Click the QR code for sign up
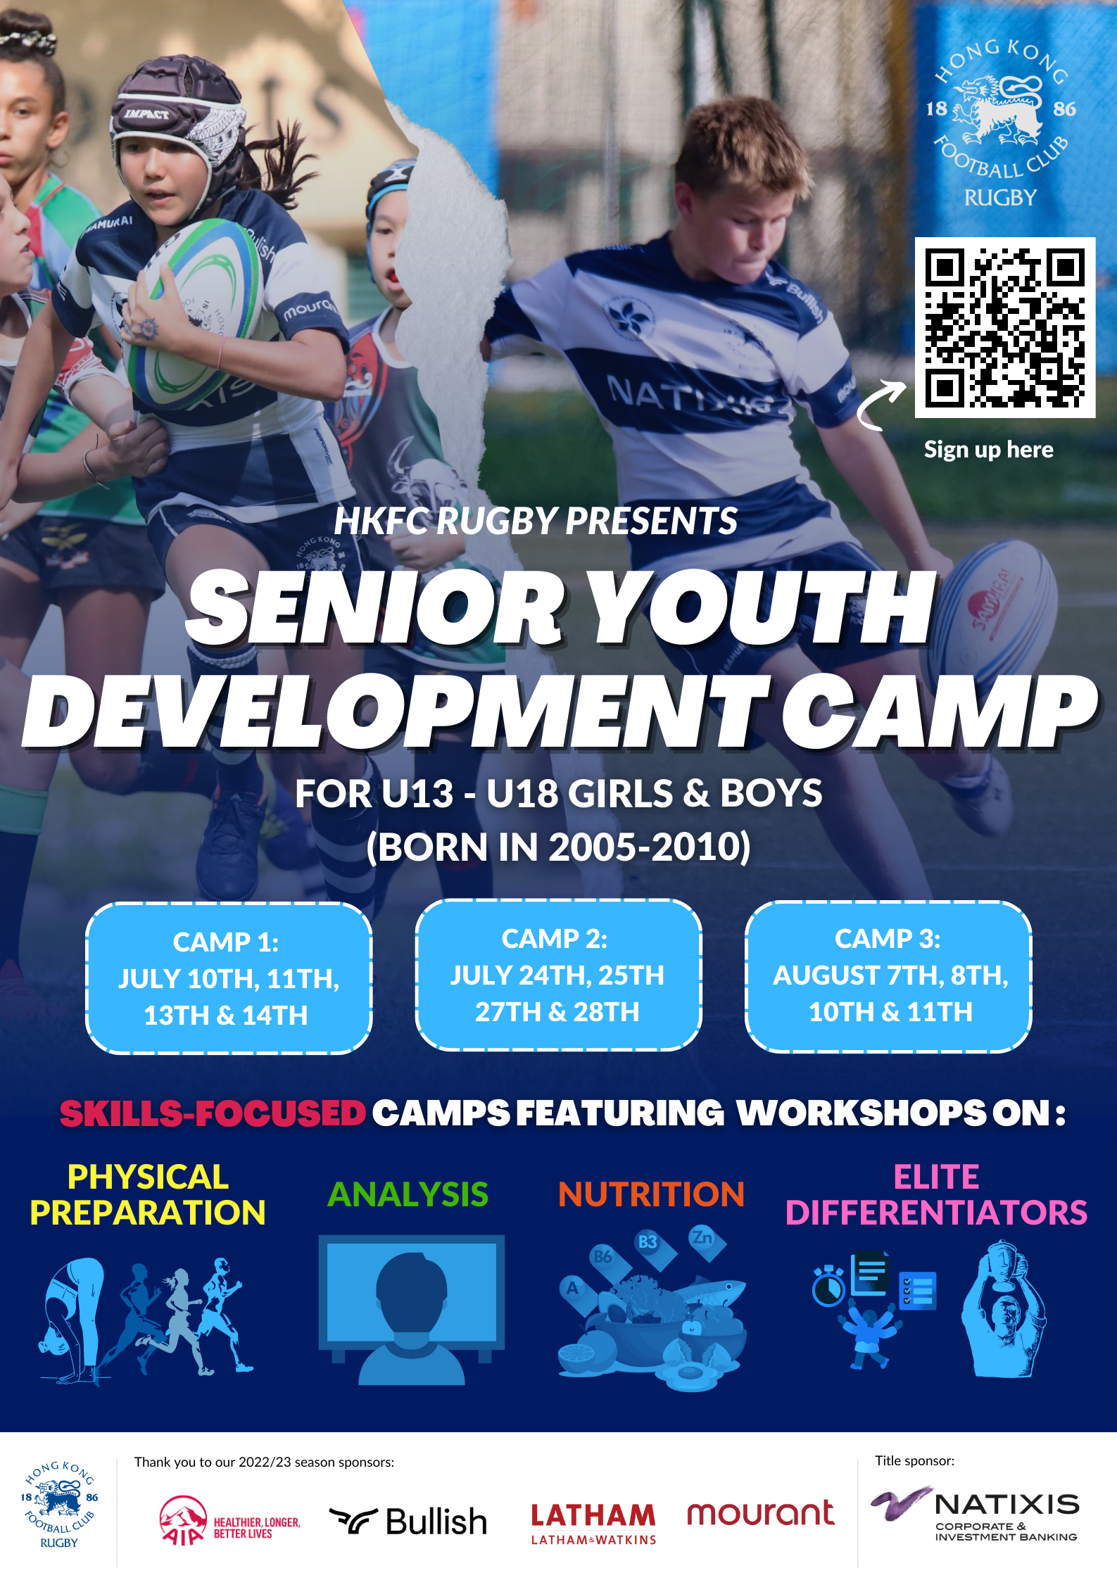click(1004, 328)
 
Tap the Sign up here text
click(988, 450)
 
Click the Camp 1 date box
click(229, 978)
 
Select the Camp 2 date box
click(558, 975)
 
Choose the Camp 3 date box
click(888, 976)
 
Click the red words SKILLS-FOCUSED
click(213, 1113)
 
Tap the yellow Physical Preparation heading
click(148, 1194)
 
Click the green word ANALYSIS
click(408, 1194)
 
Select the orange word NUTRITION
click(651, 1194)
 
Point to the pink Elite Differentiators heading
click(936, 1194)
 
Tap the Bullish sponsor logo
click(408, 1522)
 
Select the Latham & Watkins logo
click(593, 1523)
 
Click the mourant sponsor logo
click(761, 1513)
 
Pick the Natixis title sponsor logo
click(975, 1514)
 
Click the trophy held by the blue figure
click(1002, 1263)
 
